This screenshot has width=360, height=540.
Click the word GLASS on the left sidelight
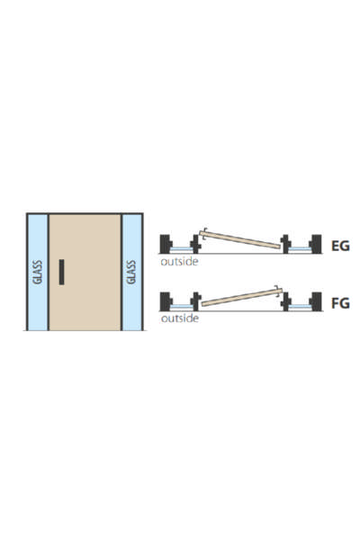[37, 272]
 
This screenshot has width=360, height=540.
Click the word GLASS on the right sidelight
[131, 272]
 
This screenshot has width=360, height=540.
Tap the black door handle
[62, 272]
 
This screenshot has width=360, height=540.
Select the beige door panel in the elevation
[85, 272]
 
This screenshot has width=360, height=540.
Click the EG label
[340, 246]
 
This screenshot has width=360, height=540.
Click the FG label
[340, 303]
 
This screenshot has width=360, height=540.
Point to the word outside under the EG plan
[179, 261]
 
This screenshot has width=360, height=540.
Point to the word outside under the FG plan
[179, 319]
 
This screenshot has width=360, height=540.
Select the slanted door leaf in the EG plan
[241, 239]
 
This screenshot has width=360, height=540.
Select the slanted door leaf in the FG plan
[241, 297]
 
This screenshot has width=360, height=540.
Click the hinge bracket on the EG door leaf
[203, 233]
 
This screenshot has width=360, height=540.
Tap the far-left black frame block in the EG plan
[166, 244]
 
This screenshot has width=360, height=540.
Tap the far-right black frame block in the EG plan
[315, 244]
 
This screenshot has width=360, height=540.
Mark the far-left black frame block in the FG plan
[166, 301]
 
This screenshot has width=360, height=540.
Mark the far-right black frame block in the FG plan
[315, 301]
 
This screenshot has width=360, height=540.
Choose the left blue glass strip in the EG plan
[182, 248]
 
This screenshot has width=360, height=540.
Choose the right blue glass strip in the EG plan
[299, 248]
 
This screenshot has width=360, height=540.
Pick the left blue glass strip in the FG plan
[182, 306]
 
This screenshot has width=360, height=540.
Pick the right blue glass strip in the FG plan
[299, 306]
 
